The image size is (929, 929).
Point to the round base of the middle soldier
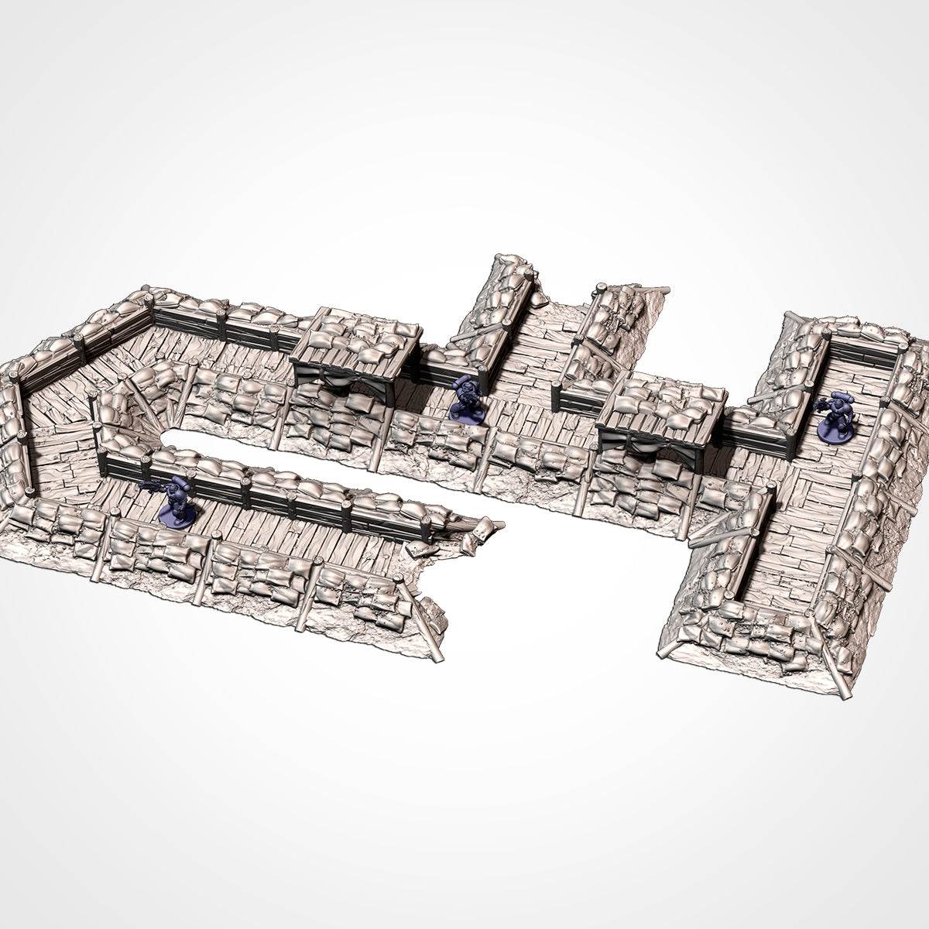click(467, 416)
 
